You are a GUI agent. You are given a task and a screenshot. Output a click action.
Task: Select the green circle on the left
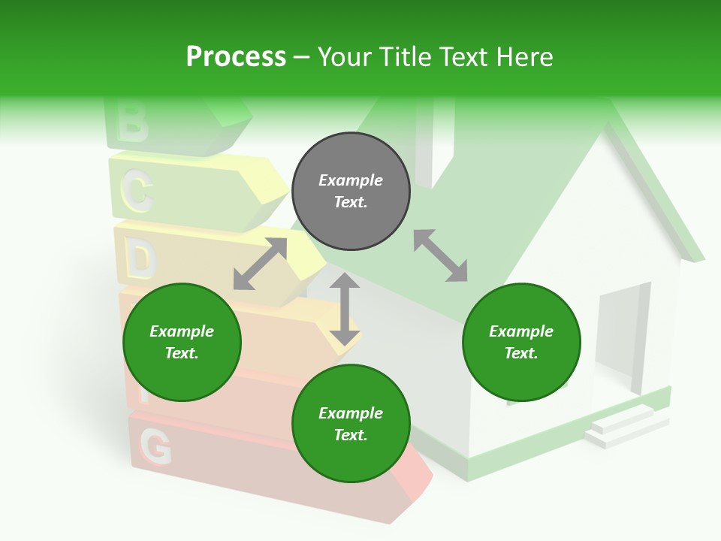tap(182, 342)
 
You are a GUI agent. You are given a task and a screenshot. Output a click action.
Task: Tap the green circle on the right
tap(521, 342)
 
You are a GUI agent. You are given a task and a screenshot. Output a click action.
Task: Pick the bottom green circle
tap(351, 424)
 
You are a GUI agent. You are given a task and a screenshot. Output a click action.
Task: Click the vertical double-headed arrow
tap(345, 309)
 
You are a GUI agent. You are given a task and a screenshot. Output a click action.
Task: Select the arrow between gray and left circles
tap(260, 264)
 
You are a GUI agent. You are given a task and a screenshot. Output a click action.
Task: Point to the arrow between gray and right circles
tap(441, 255)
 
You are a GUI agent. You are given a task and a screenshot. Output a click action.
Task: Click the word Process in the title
tap(236, 56)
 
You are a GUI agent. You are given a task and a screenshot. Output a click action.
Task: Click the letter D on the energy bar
tap(140, 260)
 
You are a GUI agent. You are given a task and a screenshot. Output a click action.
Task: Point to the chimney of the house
tap(433, 143)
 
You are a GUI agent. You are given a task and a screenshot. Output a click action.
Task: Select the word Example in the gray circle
tap(351, 180)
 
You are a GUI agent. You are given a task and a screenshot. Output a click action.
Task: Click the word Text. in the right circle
tap(521, 353)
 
